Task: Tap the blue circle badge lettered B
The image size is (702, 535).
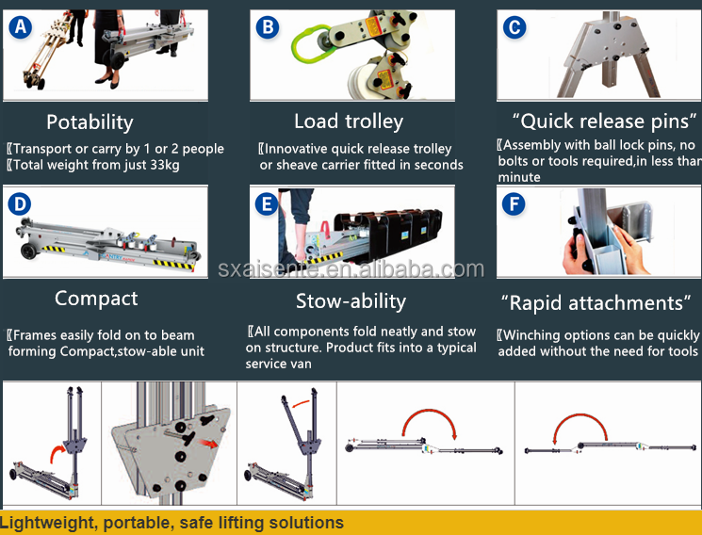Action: pos(269,27)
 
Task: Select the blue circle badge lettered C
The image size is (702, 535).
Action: pos(514,27)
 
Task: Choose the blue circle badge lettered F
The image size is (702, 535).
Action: pos(514,204)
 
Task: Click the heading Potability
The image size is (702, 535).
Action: pos(90,122)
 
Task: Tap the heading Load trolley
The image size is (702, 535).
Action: pos(348,122)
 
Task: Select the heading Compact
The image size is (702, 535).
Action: pos(96,299)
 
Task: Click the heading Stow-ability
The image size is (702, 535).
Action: pos(351,301)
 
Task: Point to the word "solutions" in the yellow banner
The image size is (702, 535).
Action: pos(306,523)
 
